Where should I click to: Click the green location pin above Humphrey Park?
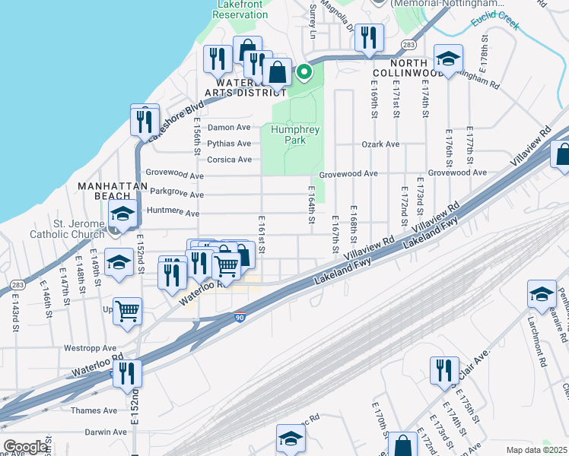[304, 73]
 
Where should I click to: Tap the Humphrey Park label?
[292, 135]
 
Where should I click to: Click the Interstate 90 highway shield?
[240, 318]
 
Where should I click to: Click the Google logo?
[25, 447]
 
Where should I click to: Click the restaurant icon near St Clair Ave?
[444, 371]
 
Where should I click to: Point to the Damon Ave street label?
[229, 128]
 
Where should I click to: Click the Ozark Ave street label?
[380, 144]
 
